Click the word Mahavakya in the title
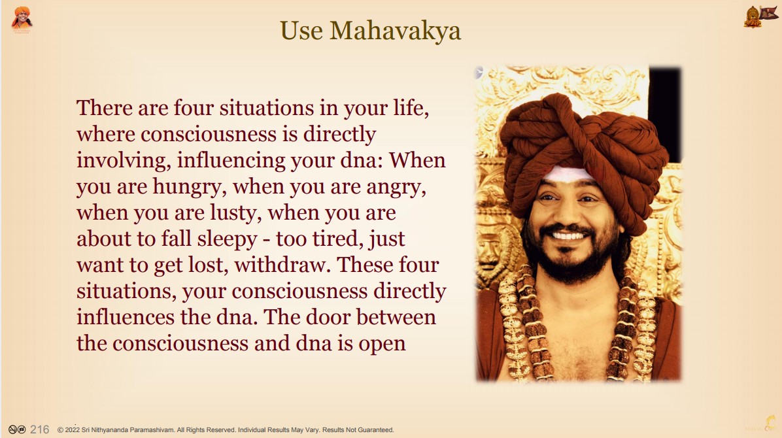(x=395, y=31)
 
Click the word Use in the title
(x=301, y=31)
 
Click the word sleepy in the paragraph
(x=227, y=240)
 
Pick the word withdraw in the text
(x=282, y=265)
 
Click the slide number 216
(x=39, y=430)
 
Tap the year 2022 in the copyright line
(x=73, y=430)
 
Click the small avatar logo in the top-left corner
(x=22, y=20)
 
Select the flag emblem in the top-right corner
(x=761, y=16)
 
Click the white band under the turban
(x=569, y=174)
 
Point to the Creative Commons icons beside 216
(x=17, y=430)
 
